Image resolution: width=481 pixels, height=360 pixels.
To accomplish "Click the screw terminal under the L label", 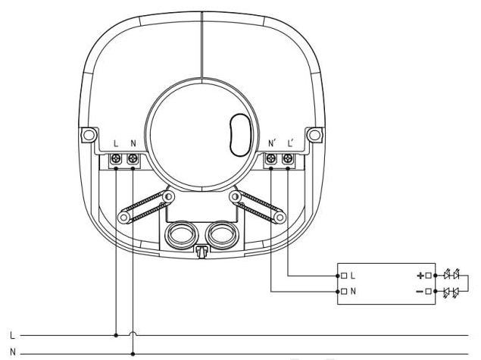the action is [116, 158].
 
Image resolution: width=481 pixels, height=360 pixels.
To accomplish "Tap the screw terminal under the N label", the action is [133, 158].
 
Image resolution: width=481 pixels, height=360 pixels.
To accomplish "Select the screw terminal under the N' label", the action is [271, 158].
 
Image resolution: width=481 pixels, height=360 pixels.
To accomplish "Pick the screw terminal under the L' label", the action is [288, 158].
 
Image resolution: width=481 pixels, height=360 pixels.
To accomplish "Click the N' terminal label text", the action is [272, 143].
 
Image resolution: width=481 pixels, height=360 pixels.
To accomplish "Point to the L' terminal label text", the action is [291, 143].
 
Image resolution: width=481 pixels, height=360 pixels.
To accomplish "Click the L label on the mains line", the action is [12, 336].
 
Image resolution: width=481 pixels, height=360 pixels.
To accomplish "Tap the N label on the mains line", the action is [13, 352].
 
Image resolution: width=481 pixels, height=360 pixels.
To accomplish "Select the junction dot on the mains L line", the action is [116, 336].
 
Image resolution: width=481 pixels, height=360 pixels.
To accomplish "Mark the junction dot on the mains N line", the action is [133, 354].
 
